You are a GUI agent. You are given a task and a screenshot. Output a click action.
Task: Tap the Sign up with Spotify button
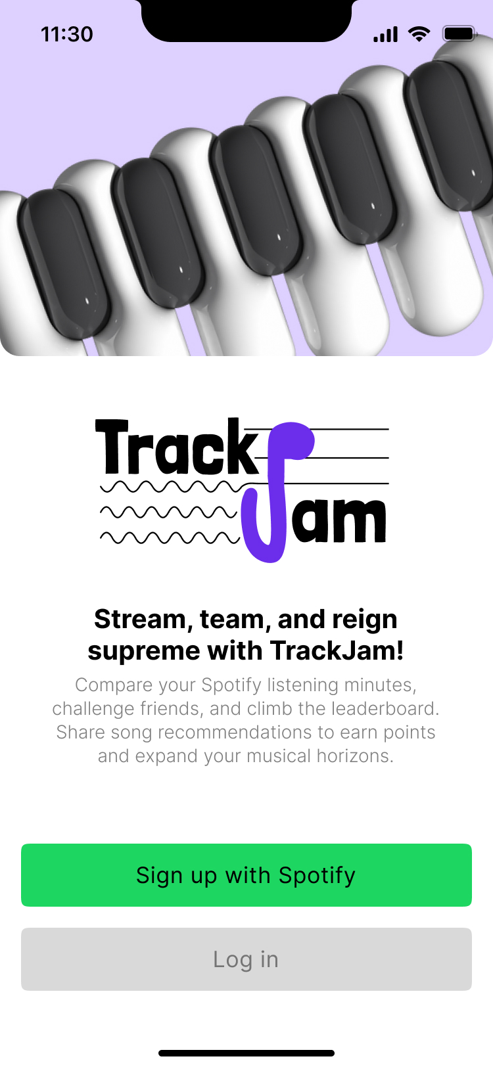[x=246, y=875]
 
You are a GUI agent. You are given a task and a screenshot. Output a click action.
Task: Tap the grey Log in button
[x=246, y=959]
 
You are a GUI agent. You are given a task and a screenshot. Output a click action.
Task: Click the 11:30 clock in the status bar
[x=67, y=34]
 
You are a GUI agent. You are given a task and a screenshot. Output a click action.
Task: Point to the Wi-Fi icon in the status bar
[x=419, y=34]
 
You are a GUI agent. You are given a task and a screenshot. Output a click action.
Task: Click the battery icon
[x=459, y=34]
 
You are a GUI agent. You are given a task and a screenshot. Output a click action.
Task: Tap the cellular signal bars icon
[x=385, y=34]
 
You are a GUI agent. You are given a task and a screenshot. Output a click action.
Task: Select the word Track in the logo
[x=176, y=446]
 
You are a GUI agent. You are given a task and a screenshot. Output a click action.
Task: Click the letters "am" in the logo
[x=339, y=520]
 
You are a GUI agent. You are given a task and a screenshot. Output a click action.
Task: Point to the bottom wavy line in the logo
[x=170, y=538]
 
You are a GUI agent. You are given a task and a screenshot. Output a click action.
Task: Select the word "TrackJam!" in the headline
[x=337, y=650]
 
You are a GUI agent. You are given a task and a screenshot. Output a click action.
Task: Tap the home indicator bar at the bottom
[x=246, y=1053]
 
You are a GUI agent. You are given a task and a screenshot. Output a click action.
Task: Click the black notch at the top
[x=246, y=20]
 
